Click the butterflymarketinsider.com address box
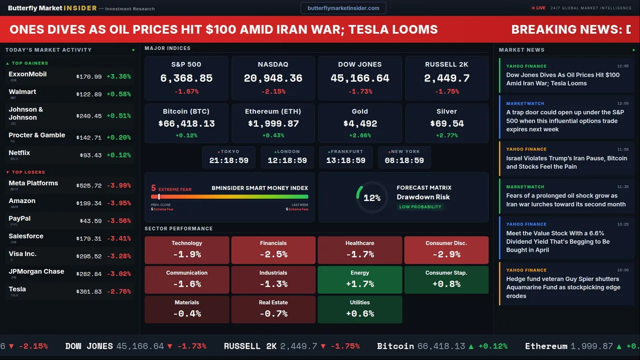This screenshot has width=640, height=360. [343, 8]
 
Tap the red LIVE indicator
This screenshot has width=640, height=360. [539, 8]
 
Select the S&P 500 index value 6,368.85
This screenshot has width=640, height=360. [186, 78]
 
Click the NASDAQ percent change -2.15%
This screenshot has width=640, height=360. [273, 91]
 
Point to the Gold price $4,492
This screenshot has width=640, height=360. [360, 123]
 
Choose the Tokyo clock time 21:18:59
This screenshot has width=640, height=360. [229, 160]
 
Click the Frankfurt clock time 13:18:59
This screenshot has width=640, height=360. [345, 160]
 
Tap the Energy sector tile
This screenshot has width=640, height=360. [360, 279]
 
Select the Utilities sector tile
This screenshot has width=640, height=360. [360, 309]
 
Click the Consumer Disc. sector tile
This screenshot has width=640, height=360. [446, 250]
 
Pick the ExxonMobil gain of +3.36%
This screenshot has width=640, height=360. [118, 76]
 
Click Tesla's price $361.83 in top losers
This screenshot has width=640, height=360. [89, 291]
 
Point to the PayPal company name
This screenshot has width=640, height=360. [19, 218]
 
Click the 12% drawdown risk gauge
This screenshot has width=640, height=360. [371, 198]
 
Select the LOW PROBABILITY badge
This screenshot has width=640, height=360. [420, 207]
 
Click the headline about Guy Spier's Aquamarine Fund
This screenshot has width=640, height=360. [563, 287]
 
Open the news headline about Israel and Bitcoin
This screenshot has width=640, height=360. [566, 162]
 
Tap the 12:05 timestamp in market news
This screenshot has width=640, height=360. [622, 66]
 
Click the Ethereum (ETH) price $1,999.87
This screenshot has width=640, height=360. [273, 123]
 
